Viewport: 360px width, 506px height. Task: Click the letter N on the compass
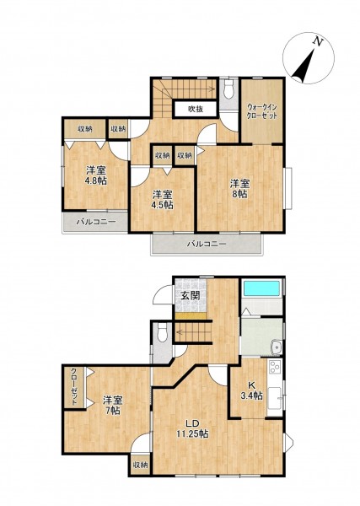pyautogui.click(x=319, y=41)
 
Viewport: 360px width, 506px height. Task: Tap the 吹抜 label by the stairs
pyautogui.click(x=196, y=110)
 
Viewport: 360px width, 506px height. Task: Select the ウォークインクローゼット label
pyautogui.click(x=262, y=111)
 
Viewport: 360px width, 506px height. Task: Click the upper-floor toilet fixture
pyautogui.click(x=228, y=89)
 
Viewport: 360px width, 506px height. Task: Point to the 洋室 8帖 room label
pyautogui.click(x=240, y=189)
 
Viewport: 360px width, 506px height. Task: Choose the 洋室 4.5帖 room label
pyautogui.click(x=163, y=200)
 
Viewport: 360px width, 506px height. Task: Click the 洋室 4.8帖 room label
pyautogui.click(x=96, y=175)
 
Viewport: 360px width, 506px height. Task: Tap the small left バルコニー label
pyautogui.click(x=96, y=222)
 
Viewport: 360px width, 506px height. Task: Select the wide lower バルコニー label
pyautogui.click(x=207, y=244)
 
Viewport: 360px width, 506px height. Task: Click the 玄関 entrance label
pyautogui.click(x=190, y=295)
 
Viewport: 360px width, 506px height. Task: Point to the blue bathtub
pyautogui.click(x=261, y=288)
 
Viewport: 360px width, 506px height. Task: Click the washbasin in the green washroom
pyautogui.click(x=277, y=347)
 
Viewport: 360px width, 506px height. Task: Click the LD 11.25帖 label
pyautogui.click(x=192, y=429)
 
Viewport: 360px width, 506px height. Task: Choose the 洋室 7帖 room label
pyautogui.click(x=112, y=406)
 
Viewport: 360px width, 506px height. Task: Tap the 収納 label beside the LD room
pyautogui.click(x=140, y=465)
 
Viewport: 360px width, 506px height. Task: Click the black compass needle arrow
pyautogui.click(x=304, y=66)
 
